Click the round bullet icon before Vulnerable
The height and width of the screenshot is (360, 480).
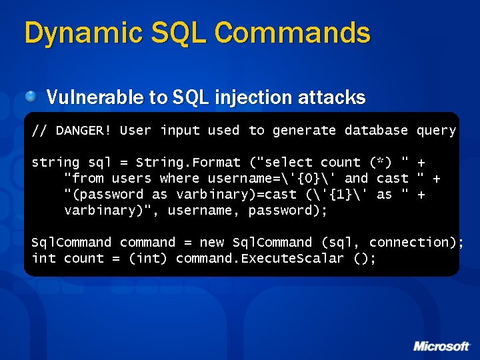(x=31, y=97)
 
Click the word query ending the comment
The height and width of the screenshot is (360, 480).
(x=436, y=131)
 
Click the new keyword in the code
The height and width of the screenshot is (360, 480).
(x=211, y=242)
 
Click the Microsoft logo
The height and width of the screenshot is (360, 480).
(x=441, y=345)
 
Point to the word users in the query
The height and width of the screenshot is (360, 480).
(x=132, y=178)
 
